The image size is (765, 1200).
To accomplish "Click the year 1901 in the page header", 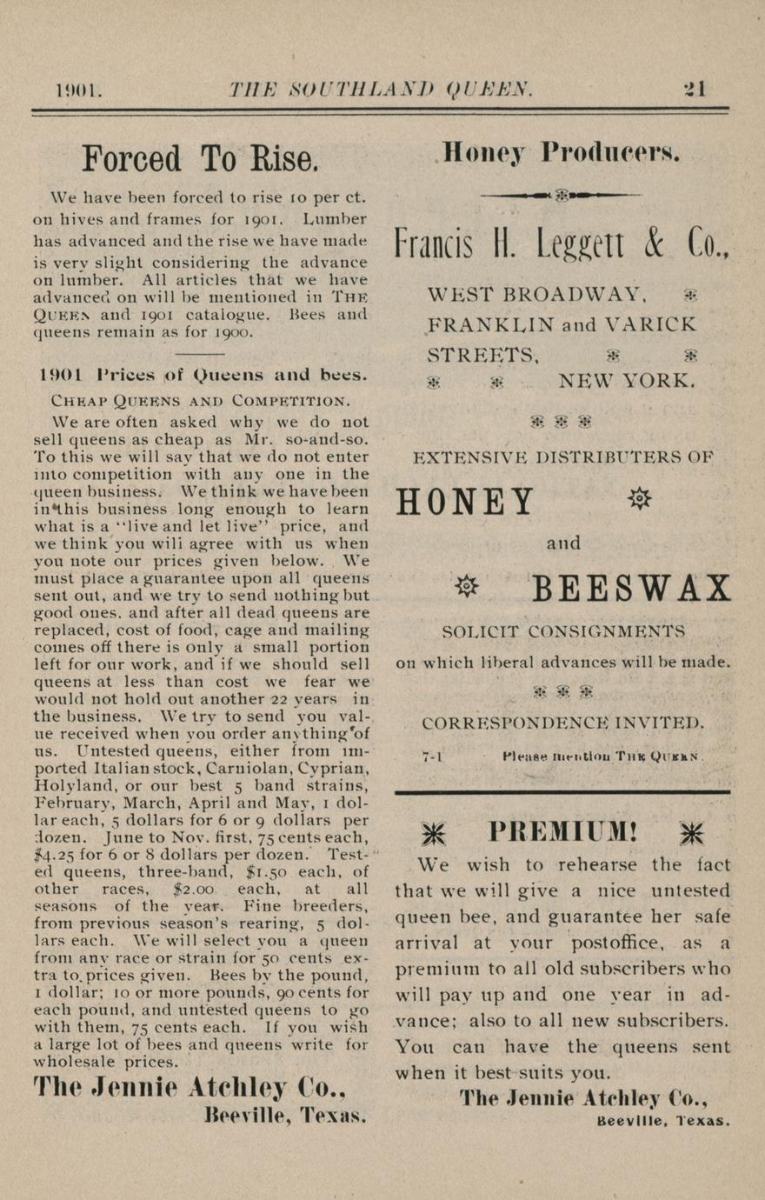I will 78,90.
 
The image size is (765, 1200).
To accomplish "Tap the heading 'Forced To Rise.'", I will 200,158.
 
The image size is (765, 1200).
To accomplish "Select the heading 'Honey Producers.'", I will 562,152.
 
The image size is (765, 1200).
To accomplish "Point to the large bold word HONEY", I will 466,502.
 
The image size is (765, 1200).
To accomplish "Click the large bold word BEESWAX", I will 631,590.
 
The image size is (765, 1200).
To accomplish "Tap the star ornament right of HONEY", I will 639,499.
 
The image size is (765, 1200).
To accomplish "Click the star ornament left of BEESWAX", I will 468,587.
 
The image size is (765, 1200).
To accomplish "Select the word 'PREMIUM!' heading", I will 563,832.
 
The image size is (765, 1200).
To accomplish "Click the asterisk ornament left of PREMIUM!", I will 433,833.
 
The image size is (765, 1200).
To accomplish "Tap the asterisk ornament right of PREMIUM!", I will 692,833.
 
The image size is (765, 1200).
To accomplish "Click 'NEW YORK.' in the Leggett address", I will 626,380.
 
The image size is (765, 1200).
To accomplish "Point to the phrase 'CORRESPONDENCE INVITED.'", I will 562,723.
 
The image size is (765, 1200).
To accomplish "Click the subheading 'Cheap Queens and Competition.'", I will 201,401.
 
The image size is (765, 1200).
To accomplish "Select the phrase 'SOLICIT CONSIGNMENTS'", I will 562,630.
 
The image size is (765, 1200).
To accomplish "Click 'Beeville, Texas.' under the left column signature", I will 285,1116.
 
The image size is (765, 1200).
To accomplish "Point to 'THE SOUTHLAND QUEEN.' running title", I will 381,89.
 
